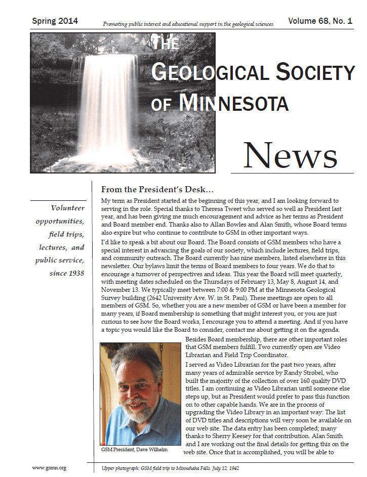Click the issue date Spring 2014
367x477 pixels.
(x=55, y=21)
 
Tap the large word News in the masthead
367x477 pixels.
(x=290, y=155)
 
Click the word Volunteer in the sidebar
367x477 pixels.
(x=67, y=208)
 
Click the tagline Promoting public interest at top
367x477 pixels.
(x=188, y=24)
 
